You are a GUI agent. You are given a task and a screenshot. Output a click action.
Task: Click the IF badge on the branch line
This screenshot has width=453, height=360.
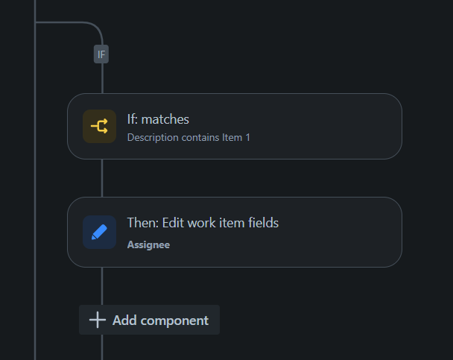click(101, 54)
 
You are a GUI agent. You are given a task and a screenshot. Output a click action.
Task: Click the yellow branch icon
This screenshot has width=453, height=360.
click(99, 126)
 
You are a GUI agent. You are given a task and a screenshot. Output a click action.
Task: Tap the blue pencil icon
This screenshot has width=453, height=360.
click(99, 232)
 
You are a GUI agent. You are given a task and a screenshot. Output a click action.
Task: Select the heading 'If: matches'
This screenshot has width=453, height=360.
click(158, 119)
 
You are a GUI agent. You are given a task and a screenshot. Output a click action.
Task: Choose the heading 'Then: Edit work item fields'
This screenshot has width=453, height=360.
click(203, 223)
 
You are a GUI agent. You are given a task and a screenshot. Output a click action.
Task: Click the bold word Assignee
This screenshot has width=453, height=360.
click(148, 244)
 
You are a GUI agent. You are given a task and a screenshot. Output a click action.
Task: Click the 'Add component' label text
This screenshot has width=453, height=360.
click(160, 320)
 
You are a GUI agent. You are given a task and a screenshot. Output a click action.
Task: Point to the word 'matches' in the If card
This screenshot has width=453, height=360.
click(165, 119)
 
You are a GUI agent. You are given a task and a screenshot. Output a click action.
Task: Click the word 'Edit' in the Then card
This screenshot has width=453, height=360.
click(171, 223)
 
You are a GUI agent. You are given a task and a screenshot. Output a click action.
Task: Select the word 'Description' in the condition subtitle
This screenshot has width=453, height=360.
click(151, 137)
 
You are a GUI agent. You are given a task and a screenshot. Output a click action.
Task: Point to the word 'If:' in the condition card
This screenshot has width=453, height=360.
click(133, 119)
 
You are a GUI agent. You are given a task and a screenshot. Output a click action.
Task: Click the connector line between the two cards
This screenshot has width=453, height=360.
click(102, 178)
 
